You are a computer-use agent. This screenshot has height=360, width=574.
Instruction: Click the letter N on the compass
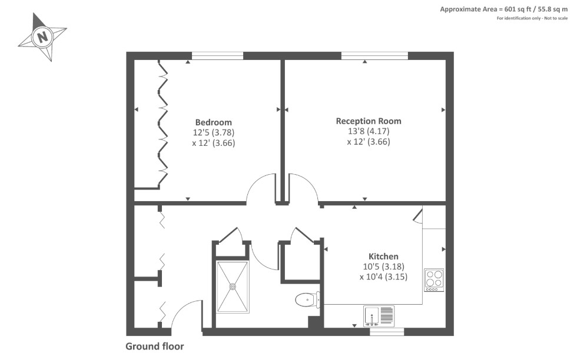[42, 38]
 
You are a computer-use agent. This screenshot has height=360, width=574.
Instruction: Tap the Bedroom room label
[213, 122]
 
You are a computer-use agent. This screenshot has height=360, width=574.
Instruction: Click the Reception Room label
[368, 121]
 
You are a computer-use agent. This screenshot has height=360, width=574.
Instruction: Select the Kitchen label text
[383, 256]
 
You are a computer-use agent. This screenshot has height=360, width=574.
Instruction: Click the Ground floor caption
[154, 346]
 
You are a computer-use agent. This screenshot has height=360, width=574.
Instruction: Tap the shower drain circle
[233, 286]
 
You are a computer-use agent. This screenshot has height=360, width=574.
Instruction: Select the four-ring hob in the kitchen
[434, 279]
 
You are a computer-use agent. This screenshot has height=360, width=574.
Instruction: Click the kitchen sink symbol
[379, 316]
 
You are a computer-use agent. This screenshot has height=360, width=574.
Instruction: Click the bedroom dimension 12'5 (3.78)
[213, 132]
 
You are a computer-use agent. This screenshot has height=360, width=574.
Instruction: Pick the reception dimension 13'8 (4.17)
[368, 131]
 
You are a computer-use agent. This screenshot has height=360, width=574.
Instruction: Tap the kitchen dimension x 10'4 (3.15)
[383, 276]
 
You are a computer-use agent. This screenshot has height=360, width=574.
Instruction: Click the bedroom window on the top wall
[217, 56]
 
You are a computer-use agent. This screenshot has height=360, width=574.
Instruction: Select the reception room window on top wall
[374, 56]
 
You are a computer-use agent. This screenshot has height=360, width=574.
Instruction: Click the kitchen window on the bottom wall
[387, 332]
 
